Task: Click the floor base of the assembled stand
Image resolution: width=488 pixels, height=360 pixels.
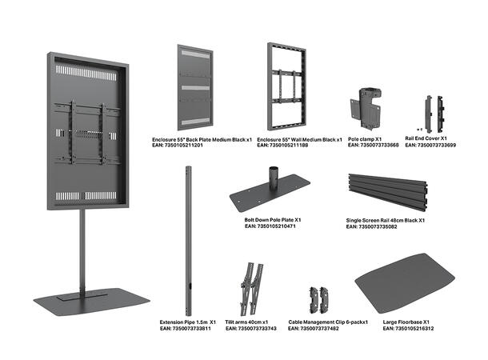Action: point(90,301)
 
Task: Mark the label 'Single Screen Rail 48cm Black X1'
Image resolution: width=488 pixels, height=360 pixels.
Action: point(386,220)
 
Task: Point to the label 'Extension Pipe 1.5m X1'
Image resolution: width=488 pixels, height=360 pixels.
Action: point(187,322)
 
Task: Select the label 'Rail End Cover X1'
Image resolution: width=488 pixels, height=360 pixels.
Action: point(426,139)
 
